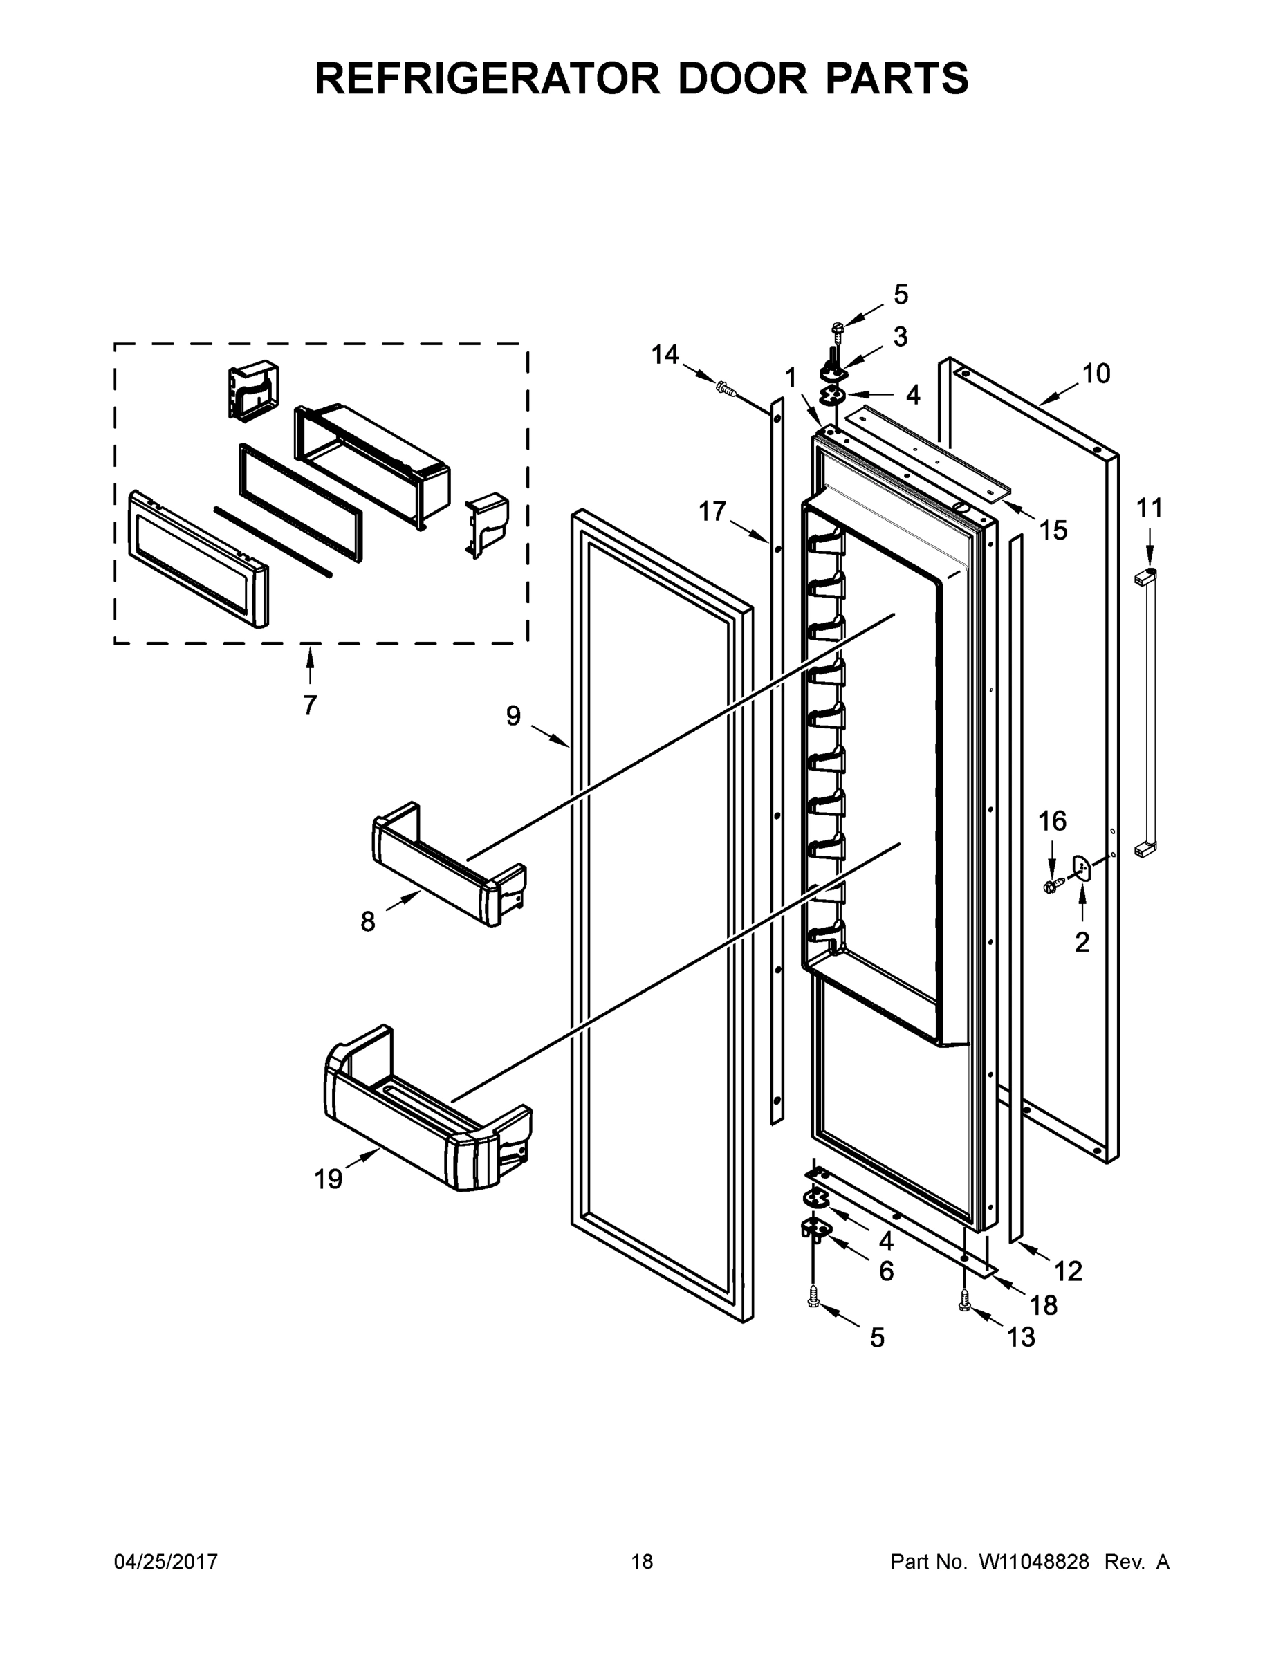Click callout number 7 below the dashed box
pyautogui.click(x=309, y=705)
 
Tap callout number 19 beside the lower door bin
pyautogui.click(x=329, y=1179)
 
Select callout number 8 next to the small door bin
pyautogui.click(x=368, y=922)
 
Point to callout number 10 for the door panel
pyautogui.click(x=1096, y=373)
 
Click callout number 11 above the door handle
pyautogui.click(x=1150, y=508)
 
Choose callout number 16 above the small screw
pyautogui.click(x=1053, y=821)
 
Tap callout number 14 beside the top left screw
pyautogui.click(x=665, y=354)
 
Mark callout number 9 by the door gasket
pyautogui.click(x=514, y=715)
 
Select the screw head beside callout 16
pyautogui.click(x=1052, y=885)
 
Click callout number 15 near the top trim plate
pyautogui.click(x=1053, y=530)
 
